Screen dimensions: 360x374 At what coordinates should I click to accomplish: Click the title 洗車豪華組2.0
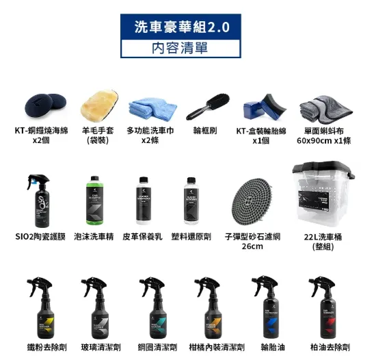click(183, 28)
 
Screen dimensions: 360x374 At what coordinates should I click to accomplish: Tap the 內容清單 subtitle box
click(183, 48)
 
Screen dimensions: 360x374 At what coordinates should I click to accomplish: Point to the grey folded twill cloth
click(322, 106)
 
